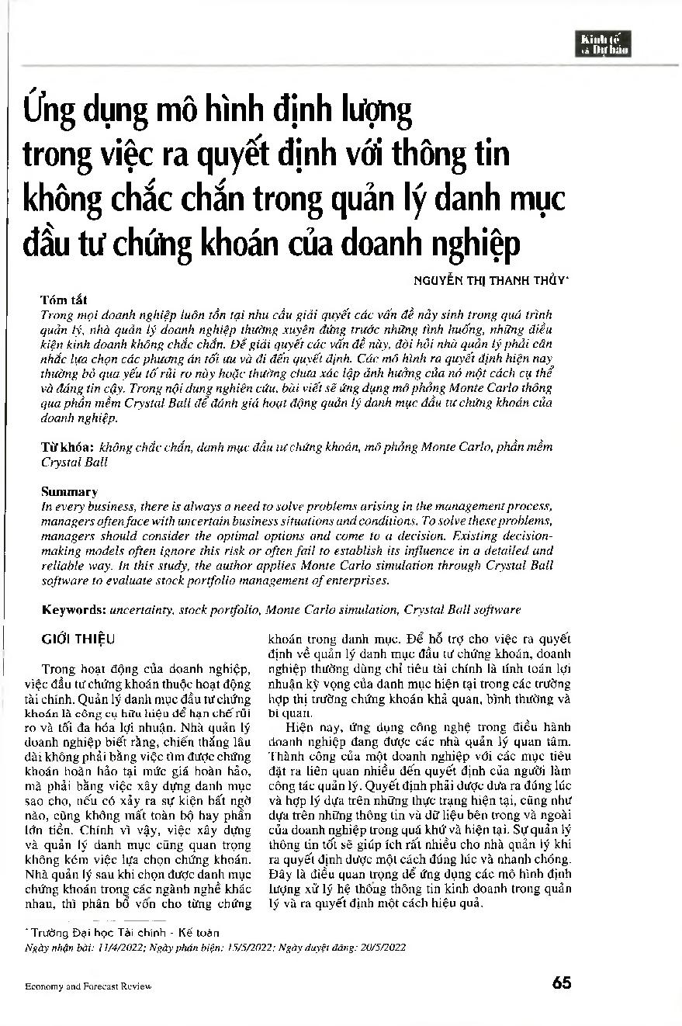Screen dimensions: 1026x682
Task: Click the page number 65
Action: pos(562,983)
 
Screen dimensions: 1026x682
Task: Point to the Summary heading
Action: pos(69,492)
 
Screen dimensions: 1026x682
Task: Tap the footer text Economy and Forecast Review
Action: pos(88,986)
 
